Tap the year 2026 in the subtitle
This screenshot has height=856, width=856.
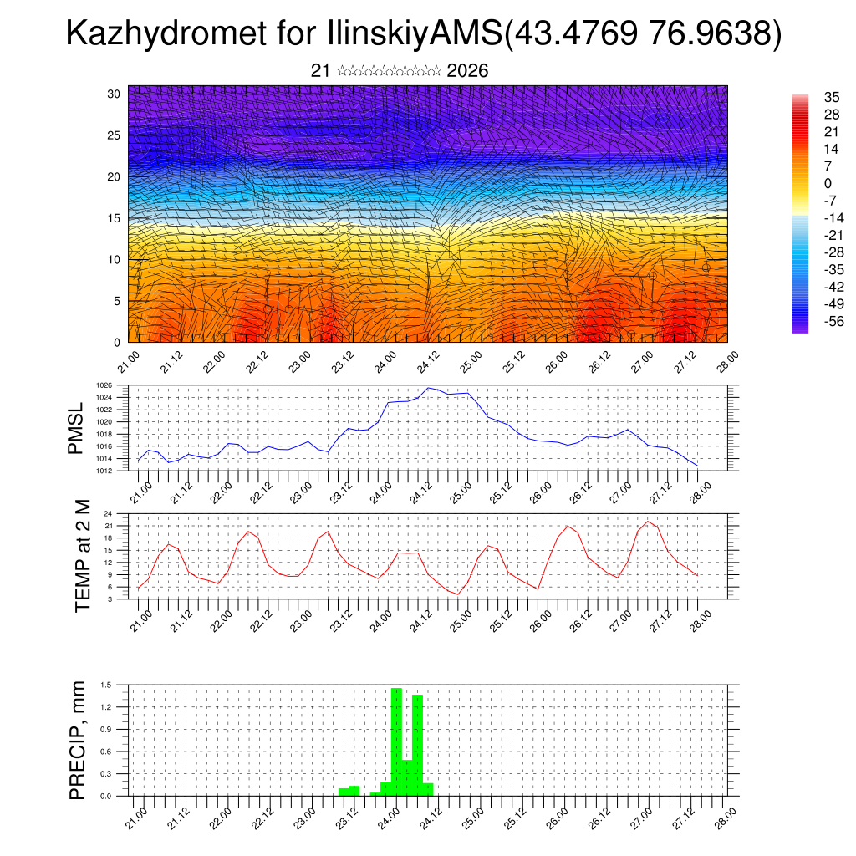(x=467, y=71)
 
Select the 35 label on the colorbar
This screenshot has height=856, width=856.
(x=831, y=96)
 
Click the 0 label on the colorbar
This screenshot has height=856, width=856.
(x=828, y=183)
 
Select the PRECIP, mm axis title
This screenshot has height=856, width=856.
(x=78, y=740)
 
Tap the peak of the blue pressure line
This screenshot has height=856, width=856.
(x=429, y=388)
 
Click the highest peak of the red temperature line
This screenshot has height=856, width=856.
(x=648, y=522)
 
